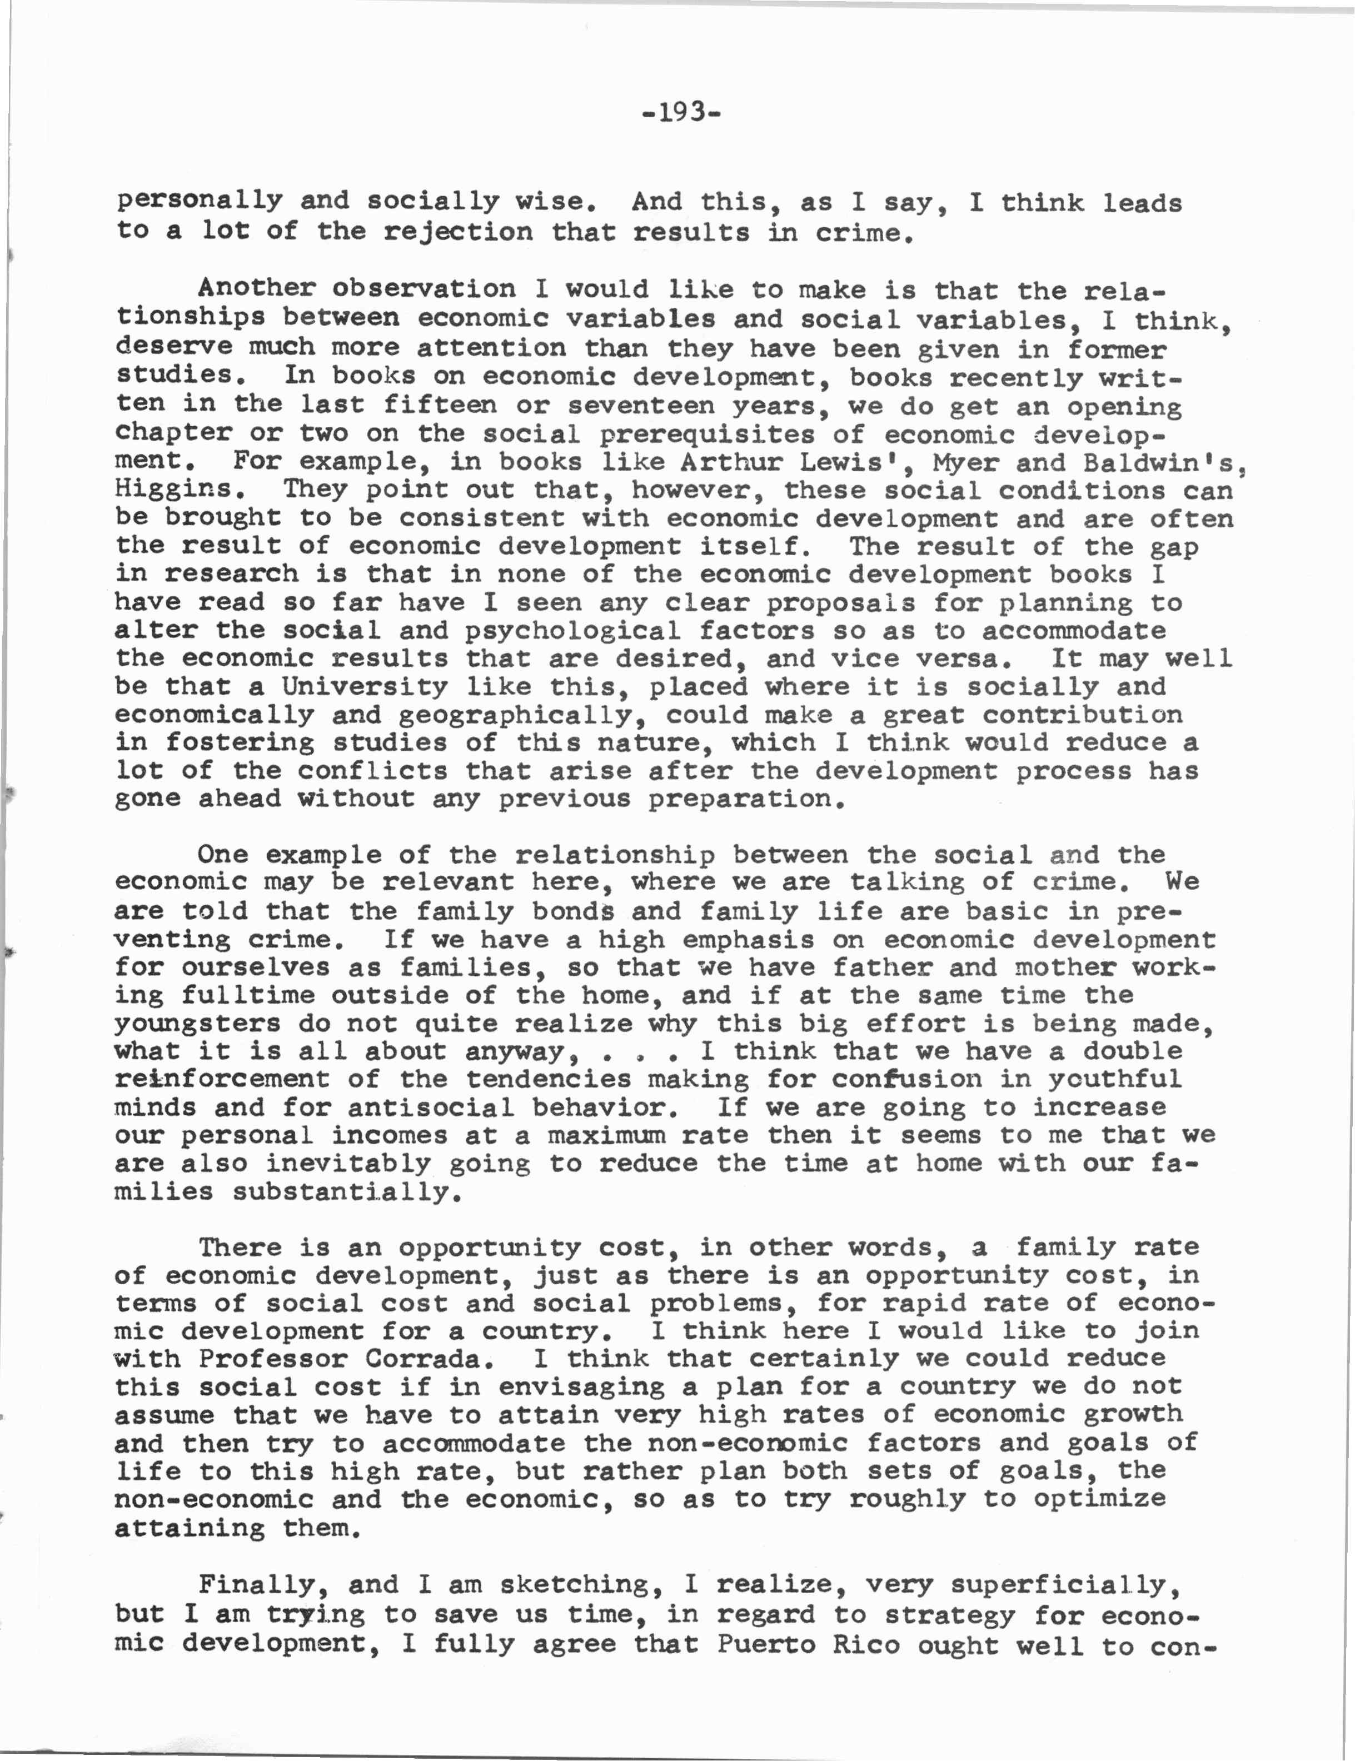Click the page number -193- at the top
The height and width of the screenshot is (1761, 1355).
tap(681, 112)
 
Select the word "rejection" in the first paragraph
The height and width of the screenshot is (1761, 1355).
tap(457, 232)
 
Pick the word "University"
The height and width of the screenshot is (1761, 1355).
tap(363, 686)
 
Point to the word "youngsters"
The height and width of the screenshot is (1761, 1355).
tap(198, 1024)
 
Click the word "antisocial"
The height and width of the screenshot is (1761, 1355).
tap(431, 1108)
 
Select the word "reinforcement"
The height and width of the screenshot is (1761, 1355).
tap(223, 1080)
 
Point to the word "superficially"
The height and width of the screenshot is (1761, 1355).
tap(1065, 1584)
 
